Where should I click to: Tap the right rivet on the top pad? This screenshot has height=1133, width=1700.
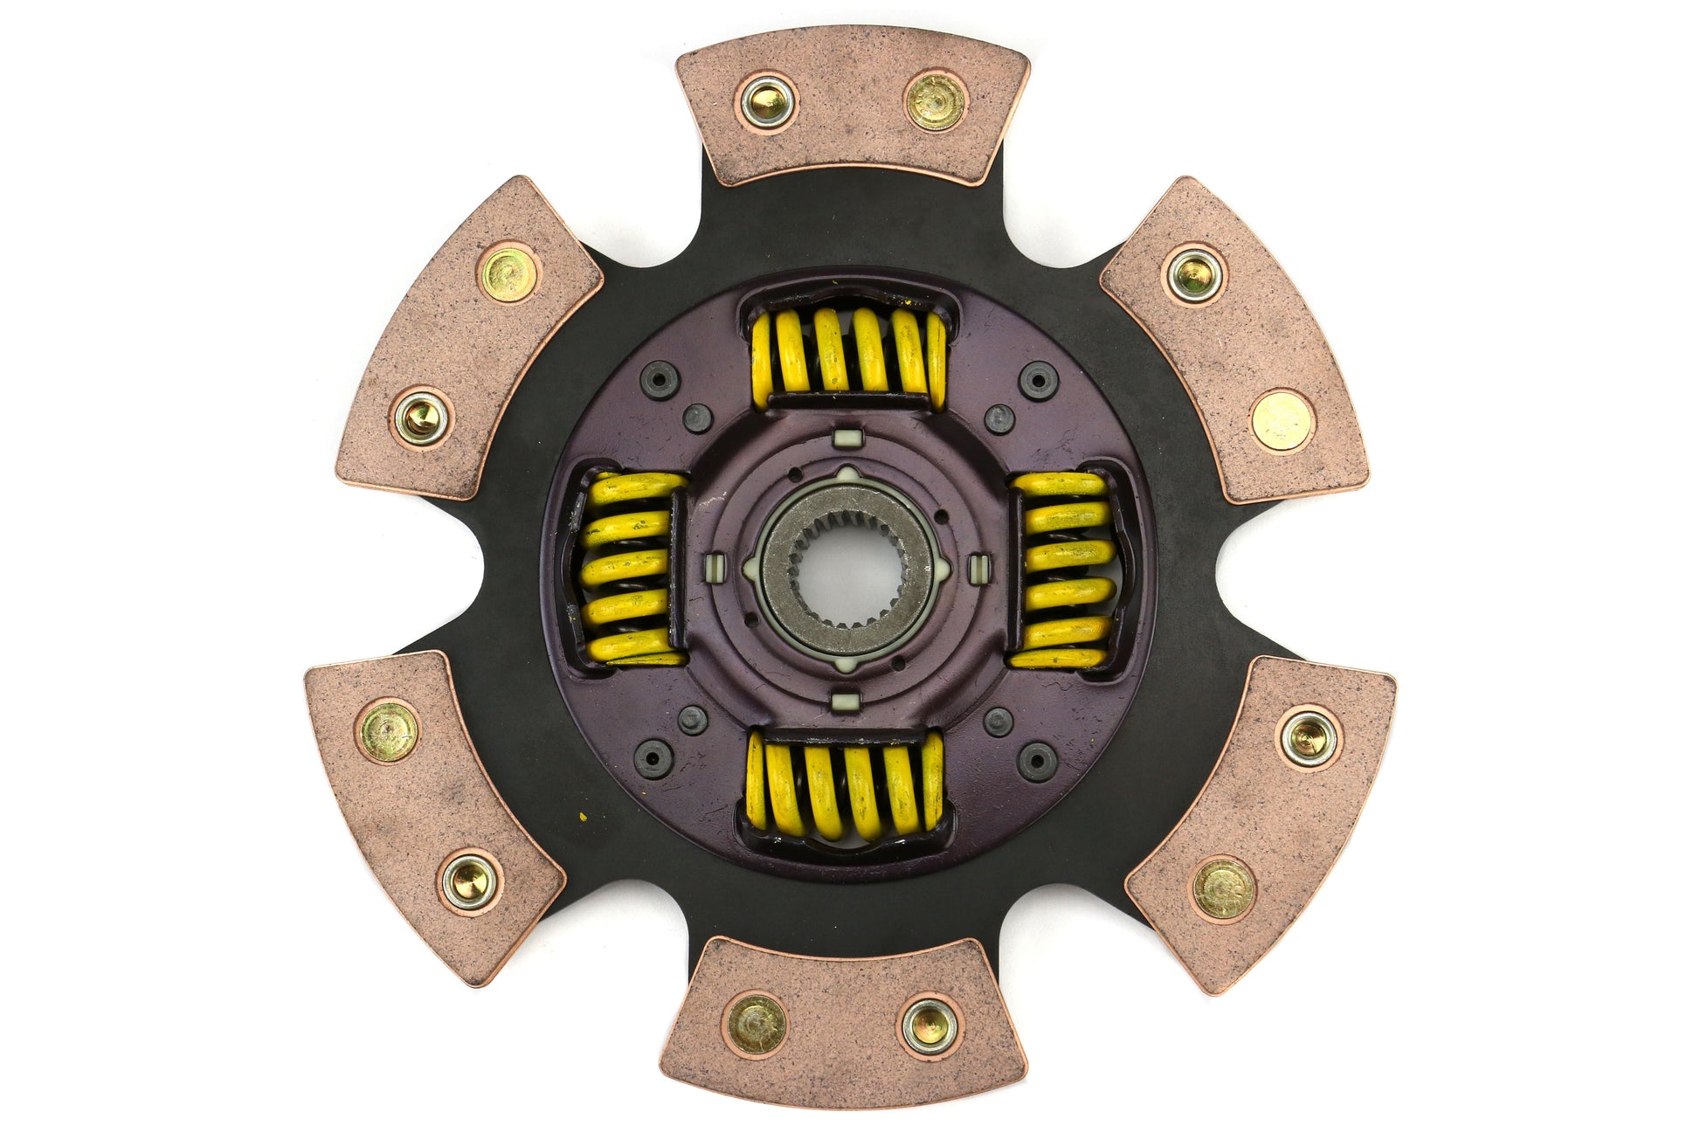pyautogui.click(x=935, y=101)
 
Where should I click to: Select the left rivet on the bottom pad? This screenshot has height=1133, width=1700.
pyautogui.click(x=757, y=1023)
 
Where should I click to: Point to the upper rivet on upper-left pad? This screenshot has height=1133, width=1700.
pyautogui.click(x=508, y=273)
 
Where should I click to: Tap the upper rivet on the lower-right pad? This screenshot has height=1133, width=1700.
pyautogui.click(x=1308, y=735)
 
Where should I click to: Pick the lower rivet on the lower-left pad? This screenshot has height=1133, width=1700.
pyautogui.click(x=470, y=880)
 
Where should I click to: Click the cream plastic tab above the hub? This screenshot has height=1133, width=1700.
pyautogui.click(x=843, y=437)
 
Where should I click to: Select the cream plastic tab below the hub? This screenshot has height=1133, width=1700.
pyautogui.click(x=843, y=701)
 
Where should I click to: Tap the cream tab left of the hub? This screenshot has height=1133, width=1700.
pyautogui.click(x=714, y=568)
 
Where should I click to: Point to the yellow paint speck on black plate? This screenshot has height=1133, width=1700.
pyautogui.click(x=582, y=819)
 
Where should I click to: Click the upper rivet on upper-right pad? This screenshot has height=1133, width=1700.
pyautogui.click(x=1194, y=274)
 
